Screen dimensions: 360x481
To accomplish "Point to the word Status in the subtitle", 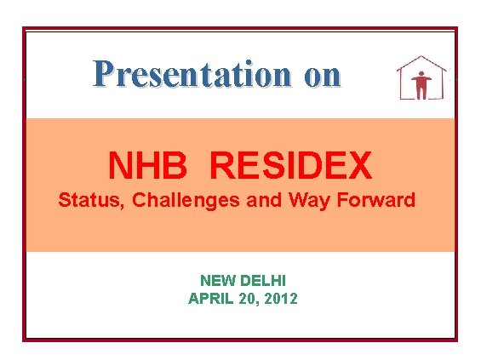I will click(83, 201).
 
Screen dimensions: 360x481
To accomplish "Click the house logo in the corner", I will click(421, 79).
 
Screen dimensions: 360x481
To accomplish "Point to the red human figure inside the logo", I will click(421, 83).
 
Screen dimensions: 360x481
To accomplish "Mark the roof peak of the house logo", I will click(421, 58).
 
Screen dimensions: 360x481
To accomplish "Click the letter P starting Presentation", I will click(103, 74).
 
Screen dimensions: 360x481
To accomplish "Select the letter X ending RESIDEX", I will click(360, 166).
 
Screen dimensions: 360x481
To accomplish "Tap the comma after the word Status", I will click(109, 207).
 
